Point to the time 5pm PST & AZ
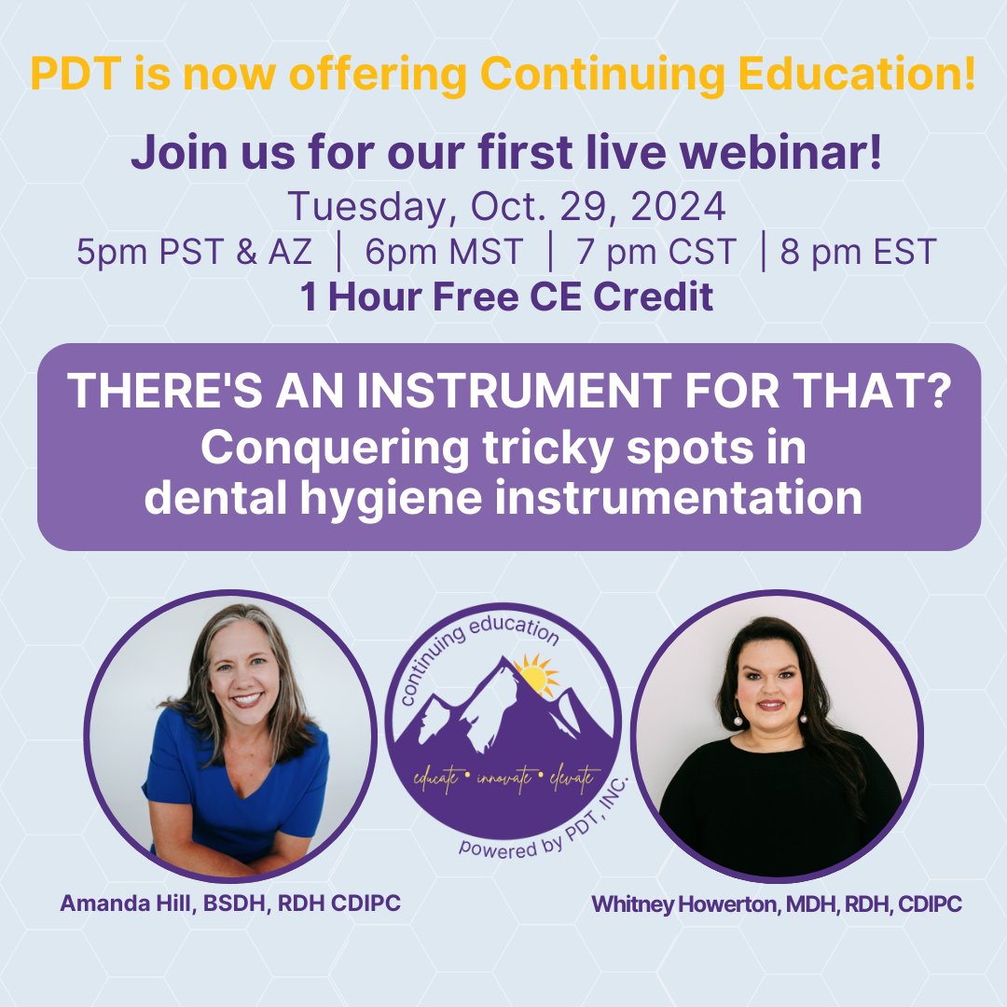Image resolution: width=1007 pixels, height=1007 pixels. coord(171,253)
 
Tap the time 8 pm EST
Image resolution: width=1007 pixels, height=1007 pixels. coord(858,253)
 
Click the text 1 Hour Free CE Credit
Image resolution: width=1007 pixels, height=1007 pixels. coord(506,297)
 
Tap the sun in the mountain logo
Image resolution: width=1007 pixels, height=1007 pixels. coord(532,672)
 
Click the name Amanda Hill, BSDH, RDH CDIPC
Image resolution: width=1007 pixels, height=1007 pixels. coord(230,904)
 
